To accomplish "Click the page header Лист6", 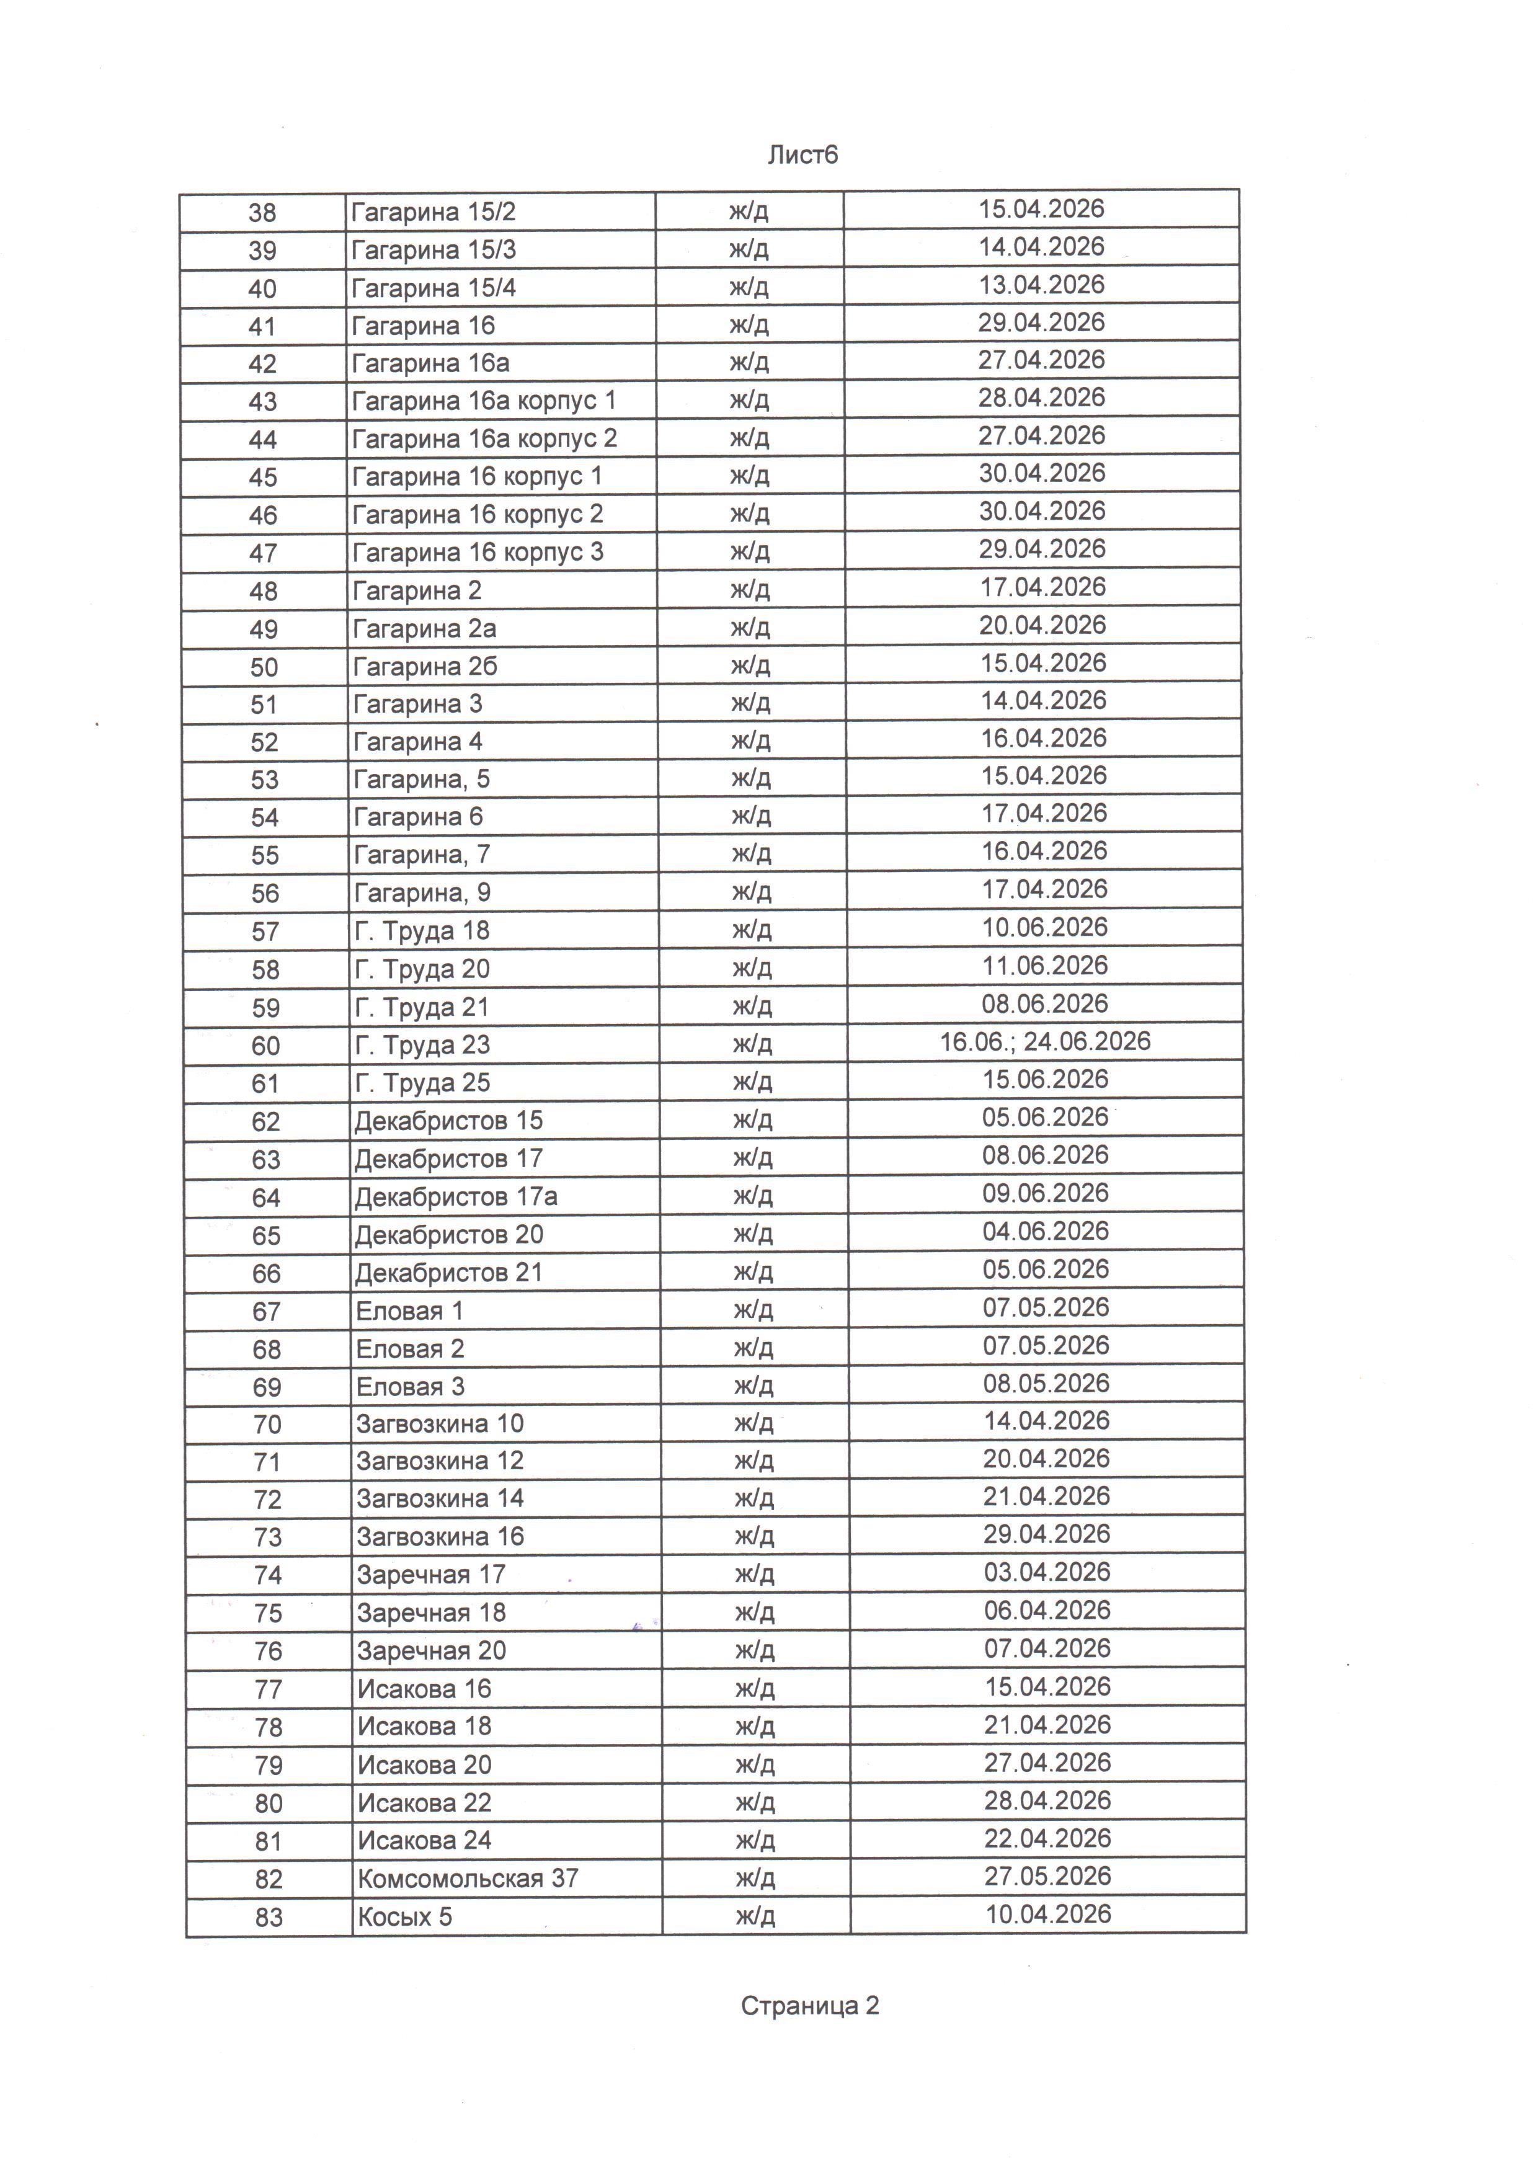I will point(802,155).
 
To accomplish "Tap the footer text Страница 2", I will point(810,2006).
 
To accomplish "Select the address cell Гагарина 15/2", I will point(433,211).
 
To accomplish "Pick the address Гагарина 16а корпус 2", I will point(484,438).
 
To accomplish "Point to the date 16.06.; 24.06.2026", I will point(1044,1042).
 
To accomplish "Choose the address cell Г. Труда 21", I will point(422,1007).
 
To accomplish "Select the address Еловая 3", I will point(410,1387).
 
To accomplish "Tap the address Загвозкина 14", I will point(440,1498).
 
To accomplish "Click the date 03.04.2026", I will point(1046,1573).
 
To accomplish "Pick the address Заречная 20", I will point(431,1650).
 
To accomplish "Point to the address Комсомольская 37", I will point(467,1877).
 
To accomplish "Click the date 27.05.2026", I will point(1047,1875).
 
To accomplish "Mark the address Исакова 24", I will point(424,1839).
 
